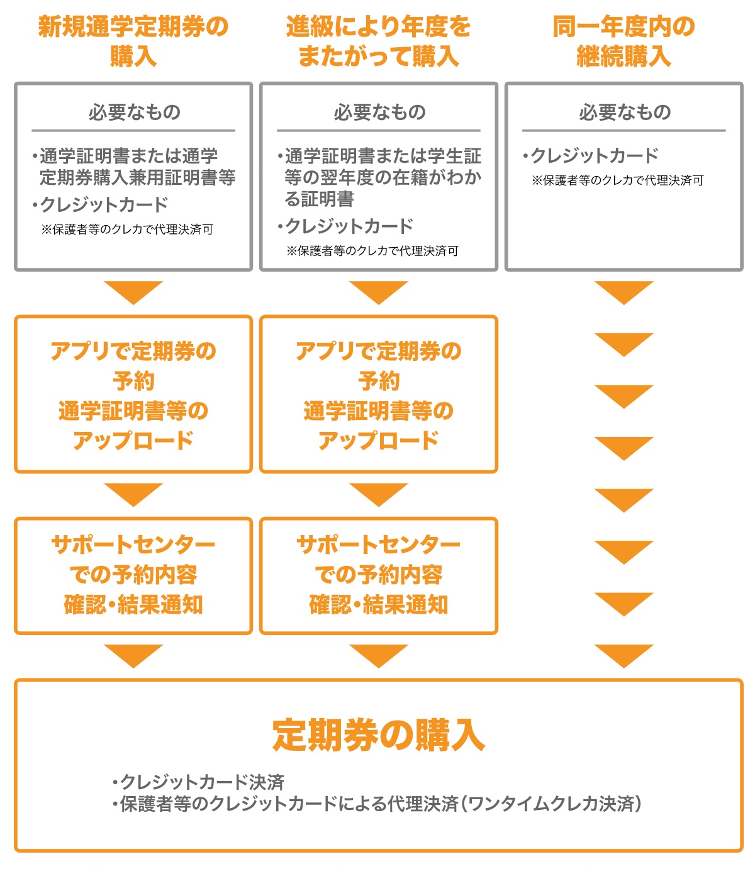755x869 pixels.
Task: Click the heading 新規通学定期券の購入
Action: coord(133,42)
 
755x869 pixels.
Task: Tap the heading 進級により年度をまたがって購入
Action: coord(378,42)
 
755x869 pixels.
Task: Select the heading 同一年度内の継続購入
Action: coord(624,42)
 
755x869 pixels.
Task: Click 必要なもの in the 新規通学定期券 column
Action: coord(134,113)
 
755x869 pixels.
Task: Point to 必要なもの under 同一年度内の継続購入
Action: coord(625,113)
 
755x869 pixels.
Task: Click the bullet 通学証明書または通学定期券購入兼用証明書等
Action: coord(134,167)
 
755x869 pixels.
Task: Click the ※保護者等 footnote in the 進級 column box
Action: coord(372,251)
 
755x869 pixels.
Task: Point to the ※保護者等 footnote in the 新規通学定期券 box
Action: coord(127,230)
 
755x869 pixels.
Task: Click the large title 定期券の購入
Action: coord(378,735)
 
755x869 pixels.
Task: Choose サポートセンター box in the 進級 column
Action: coord(379,575)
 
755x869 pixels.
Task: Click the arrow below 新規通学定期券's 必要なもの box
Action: coord(133,292)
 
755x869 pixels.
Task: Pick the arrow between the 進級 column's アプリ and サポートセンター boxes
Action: coord(379,494)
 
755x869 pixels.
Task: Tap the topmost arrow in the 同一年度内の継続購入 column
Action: coord(624,292)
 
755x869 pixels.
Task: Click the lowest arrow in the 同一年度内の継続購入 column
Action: coord(624,655)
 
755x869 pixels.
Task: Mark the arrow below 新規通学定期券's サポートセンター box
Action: coord(133,655)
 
